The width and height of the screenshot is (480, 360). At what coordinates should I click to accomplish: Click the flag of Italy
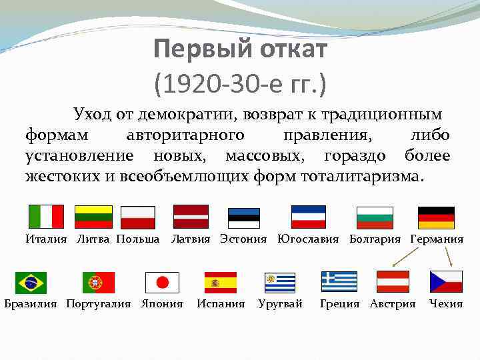point(46,217)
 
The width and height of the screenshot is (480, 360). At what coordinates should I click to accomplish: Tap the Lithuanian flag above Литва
point(93,217)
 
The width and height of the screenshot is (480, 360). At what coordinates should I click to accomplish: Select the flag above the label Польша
point(138,217)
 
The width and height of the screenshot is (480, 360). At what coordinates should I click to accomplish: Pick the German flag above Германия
point(436,217)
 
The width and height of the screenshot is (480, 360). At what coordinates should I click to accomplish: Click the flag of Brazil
point(31,283)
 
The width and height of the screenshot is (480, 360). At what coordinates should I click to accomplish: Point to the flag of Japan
point(162,283)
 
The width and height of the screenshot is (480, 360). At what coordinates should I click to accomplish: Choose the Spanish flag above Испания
point(221,283)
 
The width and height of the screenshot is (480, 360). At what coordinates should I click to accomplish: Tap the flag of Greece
point(339,282)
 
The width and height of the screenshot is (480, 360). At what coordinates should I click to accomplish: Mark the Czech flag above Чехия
point(446,282)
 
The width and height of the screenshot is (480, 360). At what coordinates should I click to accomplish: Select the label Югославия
point(308,239)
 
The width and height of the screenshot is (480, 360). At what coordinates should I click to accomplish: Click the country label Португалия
point(99,304)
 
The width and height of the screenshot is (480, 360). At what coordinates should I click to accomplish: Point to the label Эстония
point(243,239)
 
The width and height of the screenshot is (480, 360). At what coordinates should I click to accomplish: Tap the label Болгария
point(377,239)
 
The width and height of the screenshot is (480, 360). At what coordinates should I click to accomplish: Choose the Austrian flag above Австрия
point(393,282)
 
